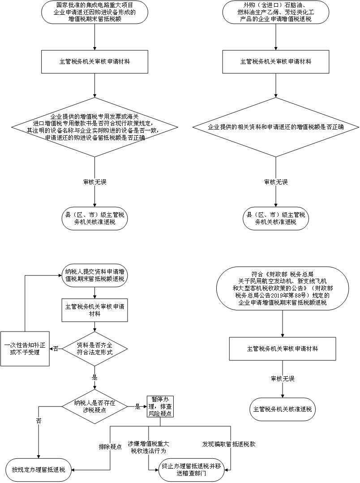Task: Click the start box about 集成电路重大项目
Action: point(94,13)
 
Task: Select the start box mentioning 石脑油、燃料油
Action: point(276,13)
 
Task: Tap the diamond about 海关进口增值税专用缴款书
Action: point(94,127)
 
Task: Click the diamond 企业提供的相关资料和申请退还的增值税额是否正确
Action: point(276,127)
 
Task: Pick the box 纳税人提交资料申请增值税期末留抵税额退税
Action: point(94,276)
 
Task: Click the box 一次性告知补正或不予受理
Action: point(25,349)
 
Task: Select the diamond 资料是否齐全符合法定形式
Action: point(94,349)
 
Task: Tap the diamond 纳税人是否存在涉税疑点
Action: point(94,407)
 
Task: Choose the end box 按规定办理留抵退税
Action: point(39,470)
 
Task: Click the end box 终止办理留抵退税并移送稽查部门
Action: point(191,470)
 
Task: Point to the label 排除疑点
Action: point(110,447)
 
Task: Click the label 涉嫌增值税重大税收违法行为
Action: point(149,447)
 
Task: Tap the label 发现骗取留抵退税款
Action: point(228,444)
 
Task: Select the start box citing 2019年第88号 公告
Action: point(283,289)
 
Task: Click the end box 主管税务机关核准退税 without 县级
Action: point(283,410)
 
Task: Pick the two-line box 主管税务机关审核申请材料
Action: point(94,310)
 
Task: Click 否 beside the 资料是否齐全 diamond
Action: point(56,349)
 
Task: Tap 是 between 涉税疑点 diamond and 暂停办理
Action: point(137,407)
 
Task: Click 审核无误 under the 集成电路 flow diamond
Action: point(94,182)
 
